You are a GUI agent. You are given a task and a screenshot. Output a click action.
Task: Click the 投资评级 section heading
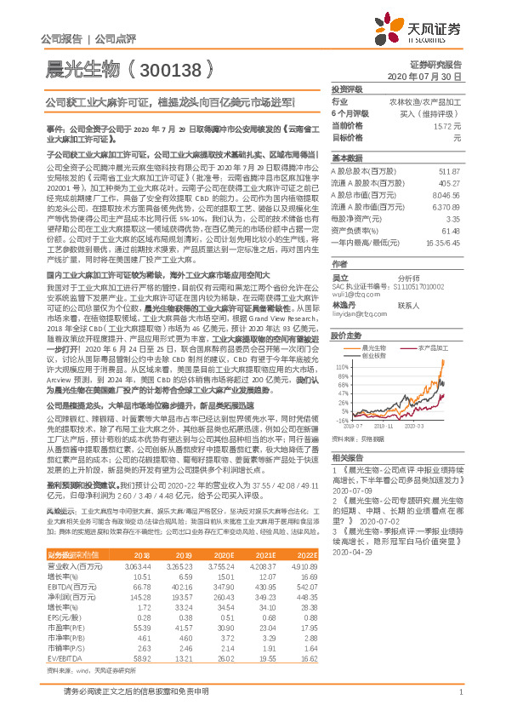[x=348, y=89]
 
